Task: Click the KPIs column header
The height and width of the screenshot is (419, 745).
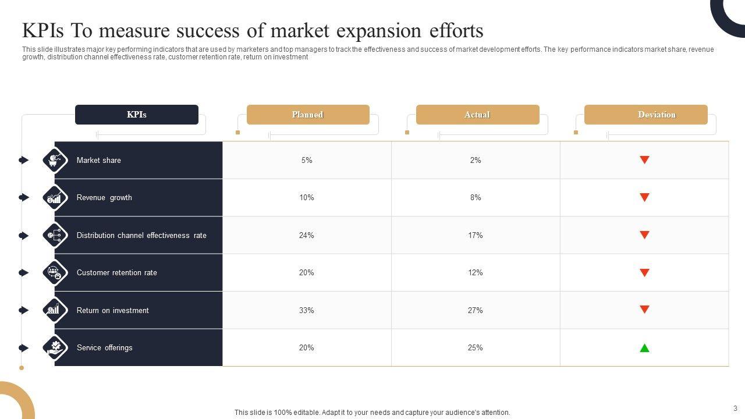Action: [x=137, y=115]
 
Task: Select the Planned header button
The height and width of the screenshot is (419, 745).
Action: [x=308, y=115]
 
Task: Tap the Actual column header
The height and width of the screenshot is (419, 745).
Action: [x=477, y=115]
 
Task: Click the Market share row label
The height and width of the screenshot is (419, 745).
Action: [x=99, y=161]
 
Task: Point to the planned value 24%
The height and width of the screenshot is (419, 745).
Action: [x=307, y=236]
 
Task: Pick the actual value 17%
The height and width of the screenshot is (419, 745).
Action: [x=476, y=236]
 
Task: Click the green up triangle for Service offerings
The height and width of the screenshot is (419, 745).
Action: [x=644, y=348]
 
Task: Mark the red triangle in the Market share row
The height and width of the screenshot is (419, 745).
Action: [x=644, y=160]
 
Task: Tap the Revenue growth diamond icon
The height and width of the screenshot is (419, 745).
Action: [x=55, y=198]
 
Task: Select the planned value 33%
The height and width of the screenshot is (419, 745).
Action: [x=307, y=311]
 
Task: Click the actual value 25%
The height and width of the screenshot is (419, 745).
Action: [x=476, y=348]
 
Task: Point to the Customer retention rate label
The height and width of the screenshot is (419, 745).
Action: [x=117, y=273]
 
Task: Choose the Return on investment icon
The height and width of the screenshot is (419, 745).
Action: [x=55, y=310]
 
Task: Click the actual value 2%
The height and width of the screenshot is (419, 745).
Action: [x=476, y=161]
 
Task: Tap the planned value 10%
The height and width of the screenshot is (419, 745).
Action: [x=307, y=198]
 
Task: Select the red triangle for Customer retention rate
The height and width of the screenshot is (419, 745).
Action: [x=644, y=272]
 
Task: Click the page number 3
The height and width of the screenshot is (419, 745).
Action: [x=735, y=409]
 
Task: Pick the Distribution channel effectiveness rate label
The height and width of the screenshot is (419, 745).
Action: [x=141, y=236]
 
